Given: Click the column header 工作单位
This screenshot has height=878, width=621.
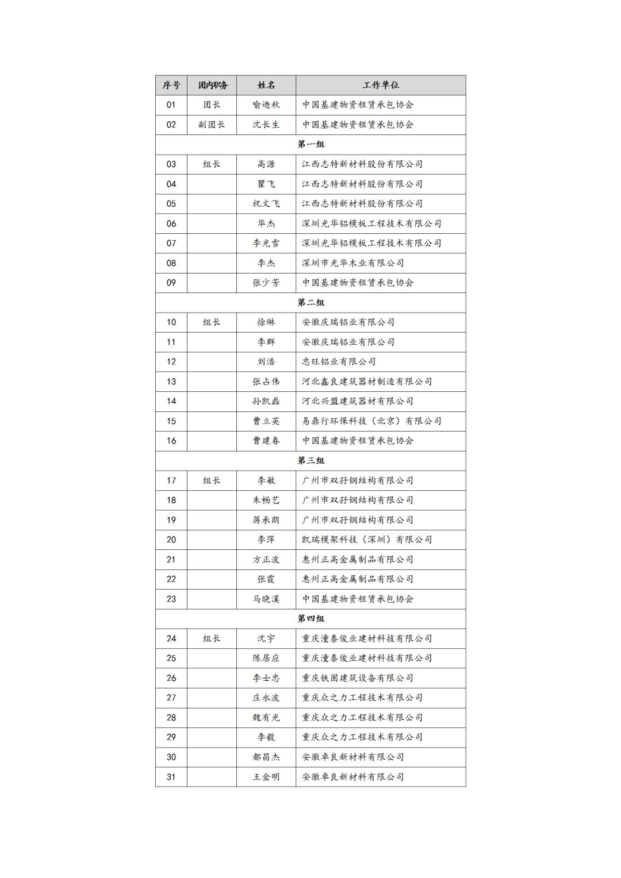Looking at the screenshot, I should pos(381,85).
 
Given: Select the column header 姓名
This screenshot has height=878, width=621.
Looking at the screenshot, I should pos(266,85).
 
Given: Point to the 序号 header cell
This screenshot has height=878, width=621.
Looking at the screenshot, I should pos(171,85).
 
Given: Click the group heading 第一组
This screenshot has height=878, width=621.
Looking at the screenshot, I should pos(310,144).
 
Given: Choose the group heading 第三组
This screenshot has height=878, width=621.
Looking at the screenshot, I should pos(310,460).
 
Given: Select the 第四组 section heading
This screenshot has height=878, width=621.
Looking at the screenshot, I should pos(310,618).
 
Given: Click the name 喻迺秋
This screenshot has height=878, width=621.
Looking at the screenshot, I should pos(266,105).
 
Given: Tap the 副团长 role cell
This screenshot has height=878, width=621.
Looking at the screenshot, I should pos(212,125).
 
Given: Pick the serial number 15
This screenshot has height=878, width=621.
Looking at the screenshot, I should pos(171,421).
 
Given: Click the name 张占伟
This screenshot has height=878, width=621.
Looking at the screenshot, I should pos(266,382).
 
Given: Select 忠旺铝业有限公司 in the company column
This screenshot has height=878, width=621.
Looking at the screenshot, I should pos(339,361).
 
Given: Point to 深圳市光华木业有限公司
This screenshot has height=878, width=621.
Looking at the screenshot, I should pos(353,263).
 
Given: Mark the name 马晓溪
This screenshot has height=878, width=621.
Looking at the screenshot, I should pos(266,599).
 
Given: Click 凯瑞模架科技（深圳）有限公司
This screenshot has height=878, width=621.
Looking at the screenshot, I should pos(367,540).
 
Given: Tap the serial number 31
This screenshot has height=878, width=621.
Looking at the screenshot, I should pos(171,777).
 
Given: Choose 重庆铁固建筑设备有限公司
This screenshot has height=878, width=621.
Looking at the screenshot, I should pos(358,678).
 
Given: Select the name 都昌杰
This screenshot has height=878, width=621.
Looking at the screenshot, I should pos(266,757).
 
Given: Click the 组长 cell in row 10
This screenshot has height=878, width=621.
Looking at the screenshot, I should pos(212,322).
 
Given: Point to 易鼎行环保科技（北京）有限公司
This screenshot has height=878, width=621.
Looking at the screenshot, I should pos(371,421).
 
